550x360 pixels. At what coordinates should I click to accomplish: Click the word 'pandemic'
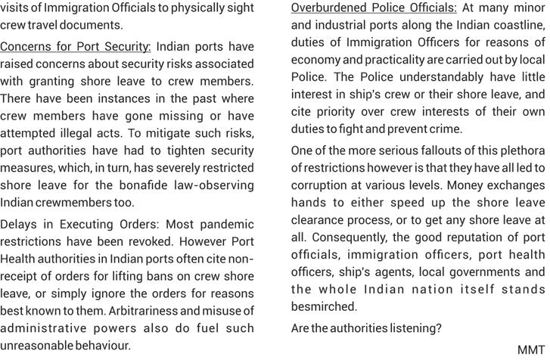(225, 225)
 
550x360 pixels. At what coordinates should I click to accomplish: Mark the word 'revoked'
(149, 242)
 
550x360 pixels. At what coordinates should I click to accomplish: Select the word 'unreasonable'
(38, 346)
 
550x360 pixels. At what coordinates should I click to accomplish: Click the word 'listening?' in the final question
(415, 328)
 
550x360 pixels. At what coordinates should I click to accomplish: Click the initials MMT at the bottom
(531, 349)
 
